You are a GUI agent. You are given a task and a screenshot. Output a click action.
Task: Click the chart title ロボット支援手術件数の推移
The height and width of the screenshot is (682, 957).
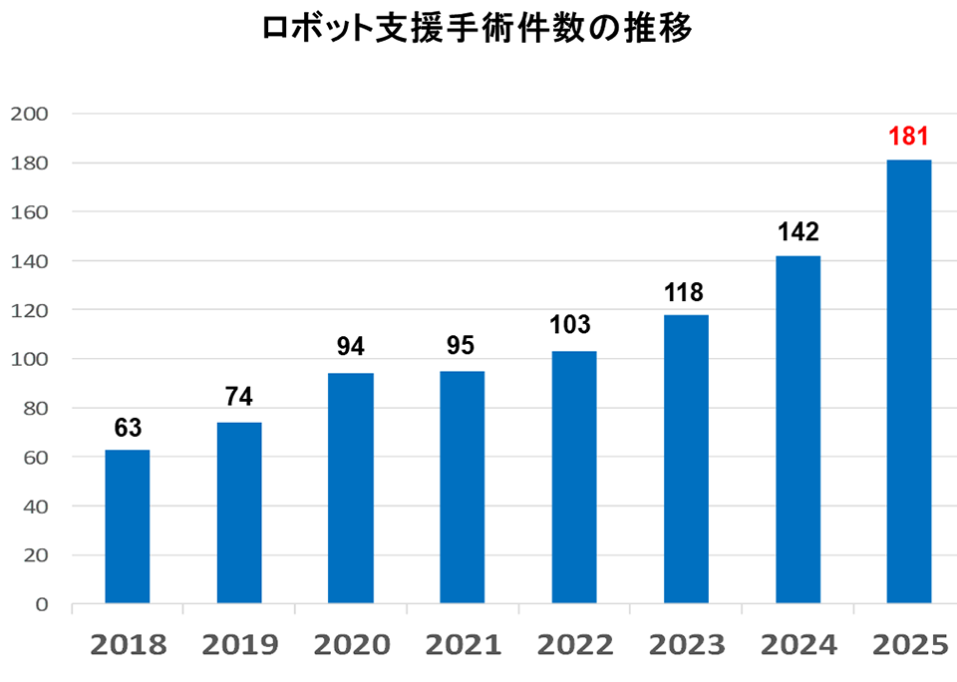point(477,29)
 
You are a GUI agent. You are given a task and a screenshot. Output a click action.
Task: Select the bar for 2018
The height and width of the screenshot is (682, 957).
point(128,526)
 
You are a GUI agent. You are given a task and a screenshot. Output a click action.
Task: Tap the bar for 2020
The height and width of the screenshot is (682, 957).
point(351,489)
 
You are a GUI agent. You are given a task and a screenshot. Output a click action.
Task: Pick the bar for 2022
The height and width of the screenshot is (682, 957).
point(573,477)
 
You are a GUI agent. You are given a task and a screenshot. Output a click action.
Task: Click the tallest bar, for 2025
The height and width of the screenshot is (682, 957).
point(908,381)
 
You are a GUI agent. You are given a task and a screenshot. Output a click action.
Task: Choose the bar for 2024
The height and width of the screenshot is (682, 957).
point(797,429)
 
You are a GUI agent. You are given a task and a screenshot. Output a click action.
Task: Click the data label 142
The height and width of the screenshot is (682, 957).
point(797,232)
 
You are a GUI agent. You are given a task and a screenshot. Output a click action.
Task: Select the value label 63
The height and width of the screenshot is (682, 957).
point(128,428)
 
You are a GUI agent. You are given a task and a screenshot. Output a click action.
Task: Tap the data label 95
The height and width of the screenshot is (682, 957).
point(462,347)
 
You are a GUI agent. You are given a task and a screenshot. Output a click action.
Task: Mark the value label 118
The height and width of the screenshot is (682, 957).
point(685,292)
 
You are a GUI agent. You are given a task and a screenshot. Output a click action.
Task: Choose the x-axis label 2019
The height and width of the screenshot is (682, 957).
point(239,646)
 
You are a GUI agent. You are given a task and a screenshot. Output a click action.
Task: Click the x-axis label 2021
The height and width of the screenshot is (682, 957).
point(462,646)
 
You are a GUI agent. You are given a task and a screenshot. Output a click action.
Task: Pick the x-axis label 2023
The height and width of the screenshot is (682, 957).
point(685,646)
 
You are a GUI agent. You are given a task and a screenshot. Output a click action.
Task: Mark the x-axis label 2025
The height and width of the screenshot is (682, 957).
point(908,646)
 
